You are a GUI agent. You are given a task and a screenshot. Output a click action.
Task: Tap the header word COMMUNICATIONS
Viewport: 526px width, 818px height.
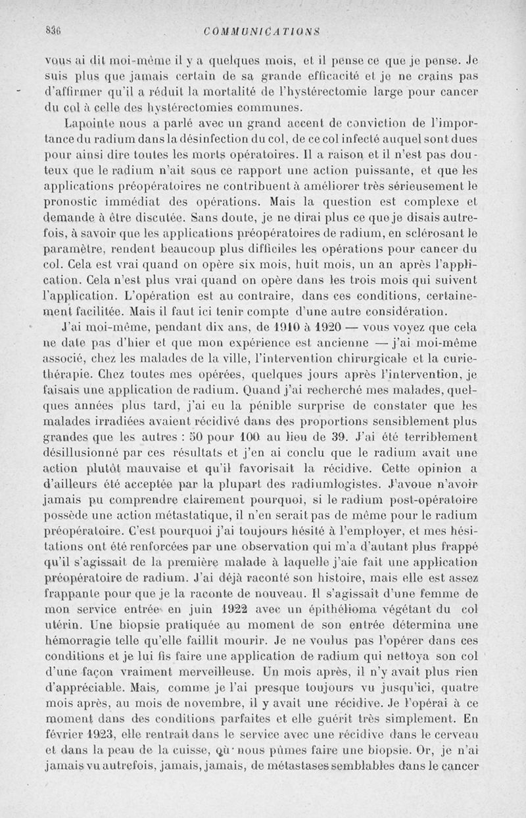click(262, 30)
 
